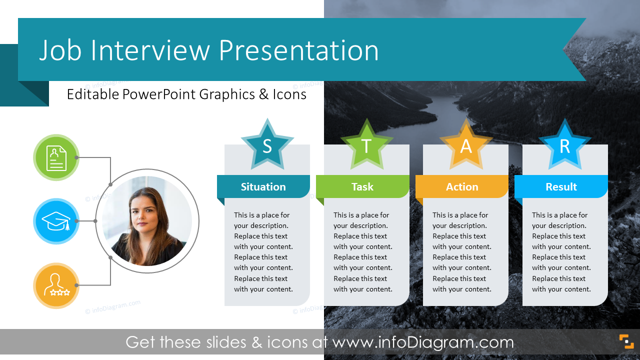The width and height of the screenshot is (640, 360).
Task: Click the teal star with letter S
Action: [267, 145]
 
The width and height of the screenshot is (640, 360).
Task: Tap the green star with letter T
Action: [366, 145]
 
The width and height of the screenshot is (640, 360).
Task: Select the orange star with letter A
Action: [466, 145]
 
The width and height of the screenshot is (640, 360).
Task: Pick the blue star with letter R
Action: [565, 145]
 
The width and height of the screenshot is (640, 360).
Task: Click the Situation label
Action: [263, 187]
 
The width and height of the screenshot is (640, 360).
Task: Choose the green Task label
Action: [362, 187]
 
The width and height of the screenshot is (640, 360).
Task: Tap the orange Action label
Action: [462, 187]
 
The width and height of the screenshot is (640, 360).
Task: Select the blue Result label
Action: [561, 187]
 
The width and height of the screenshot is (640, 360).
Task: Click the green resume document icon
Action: [56, 157]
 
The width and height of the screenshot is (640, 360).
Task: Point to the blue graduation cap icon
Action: [56, 221]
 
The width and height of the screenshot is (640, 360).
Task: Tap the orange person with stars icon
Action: [56, 285]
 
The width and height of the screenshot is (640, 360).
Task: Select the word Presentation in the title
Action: [299, 50]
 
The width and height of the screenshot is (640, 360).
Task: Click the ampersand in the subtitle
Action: [263, 94]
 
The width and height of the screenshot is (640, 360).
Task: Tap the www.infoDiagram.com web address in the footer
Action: [423, 342]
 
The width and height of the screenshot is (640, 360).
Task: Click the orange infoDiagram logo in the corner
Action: [626, 341]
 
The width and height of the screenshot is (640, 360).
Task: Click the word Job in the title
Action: [60, 50]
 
